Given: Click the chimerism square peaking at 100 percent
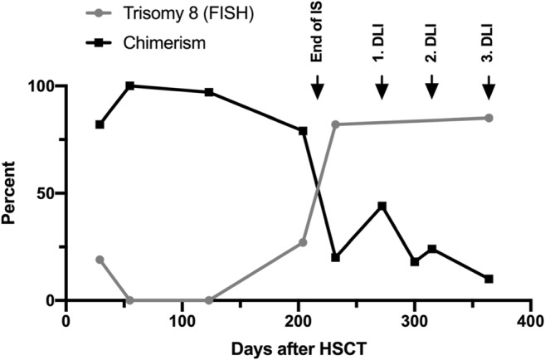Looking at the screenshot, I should click(129, 85).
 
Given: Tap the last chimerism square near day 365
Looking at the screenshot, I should click(489, 279).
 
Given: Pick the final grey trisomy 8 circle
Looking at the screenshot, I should click(489, 118).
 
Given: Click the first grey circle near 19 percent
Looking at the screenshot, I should click(100, 260).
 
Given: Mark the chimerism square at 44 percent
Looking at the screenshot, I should click(382, 206).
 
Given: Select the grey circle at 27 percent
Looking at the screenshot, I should click(303, 242).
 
